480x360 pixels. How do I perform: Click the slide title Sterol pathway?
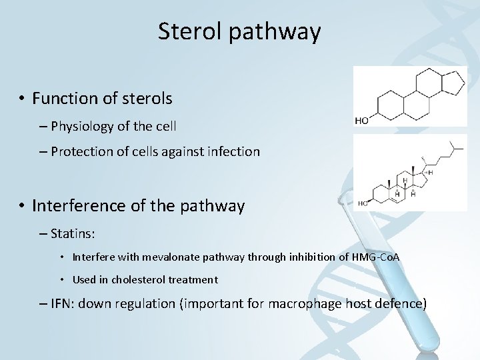(239, 31)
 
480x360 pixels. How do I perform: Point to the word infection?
(233, 151)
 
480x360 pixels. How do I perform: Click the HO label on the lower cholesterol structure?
(363, 203)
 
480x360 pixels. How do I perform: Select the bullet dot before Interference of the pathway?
(22, 207)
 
